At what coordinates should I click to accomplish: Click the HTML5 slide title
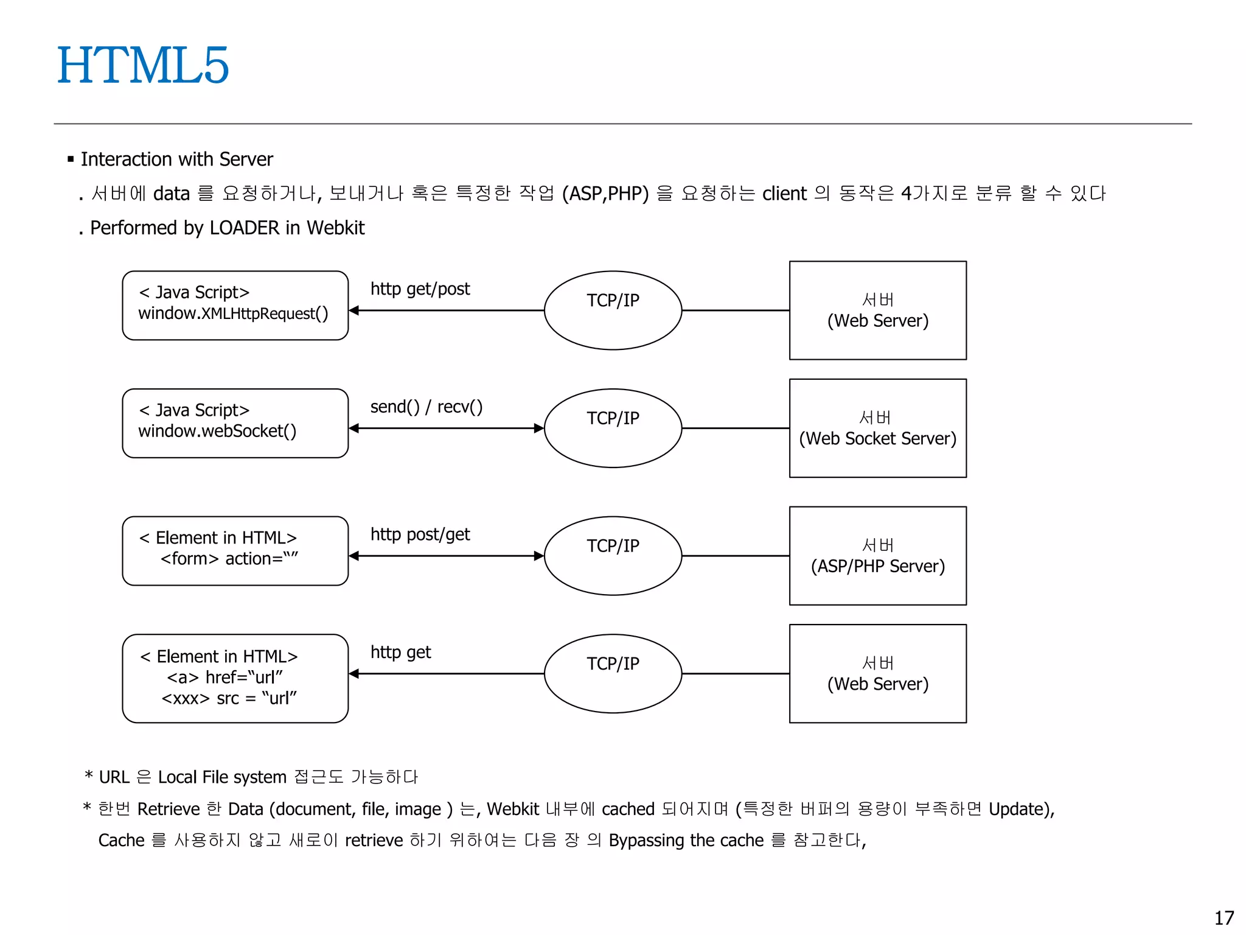143,65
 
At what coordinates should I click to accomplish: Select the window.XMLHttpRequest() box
235,305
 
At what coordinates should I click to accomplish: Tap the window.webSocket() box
235,423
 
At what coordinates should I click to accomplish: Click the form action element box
235,550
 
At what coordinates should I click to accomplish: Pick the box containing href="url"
235,678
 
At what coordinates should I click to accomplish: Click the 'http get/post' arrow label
420,289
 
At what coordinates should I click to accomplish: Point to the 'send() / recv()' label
426,407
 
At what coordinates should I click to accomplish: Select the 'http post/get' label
420,534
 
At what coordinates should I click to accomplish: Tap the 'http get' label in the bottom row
400,653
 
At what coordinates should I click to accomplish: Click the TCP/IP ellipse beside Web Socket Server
613,428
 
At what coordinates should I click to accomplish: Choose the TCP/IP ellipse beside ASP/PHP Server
613,556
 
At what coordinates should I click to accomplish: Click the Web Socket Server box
877,428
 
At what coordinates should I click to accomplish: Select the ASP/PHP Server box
877,556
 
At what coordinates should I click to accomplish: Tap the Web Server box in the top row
877,310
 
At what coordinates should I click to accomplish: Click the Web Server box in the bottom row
877,673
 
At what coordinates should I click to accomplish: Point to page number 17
1223,917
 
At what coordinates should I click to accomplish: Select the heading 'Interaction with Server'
176,159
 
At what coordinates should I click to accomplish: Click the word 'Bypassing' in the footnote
646,840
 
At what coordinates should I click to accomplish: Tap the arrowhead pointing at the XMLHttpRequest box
354,310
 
